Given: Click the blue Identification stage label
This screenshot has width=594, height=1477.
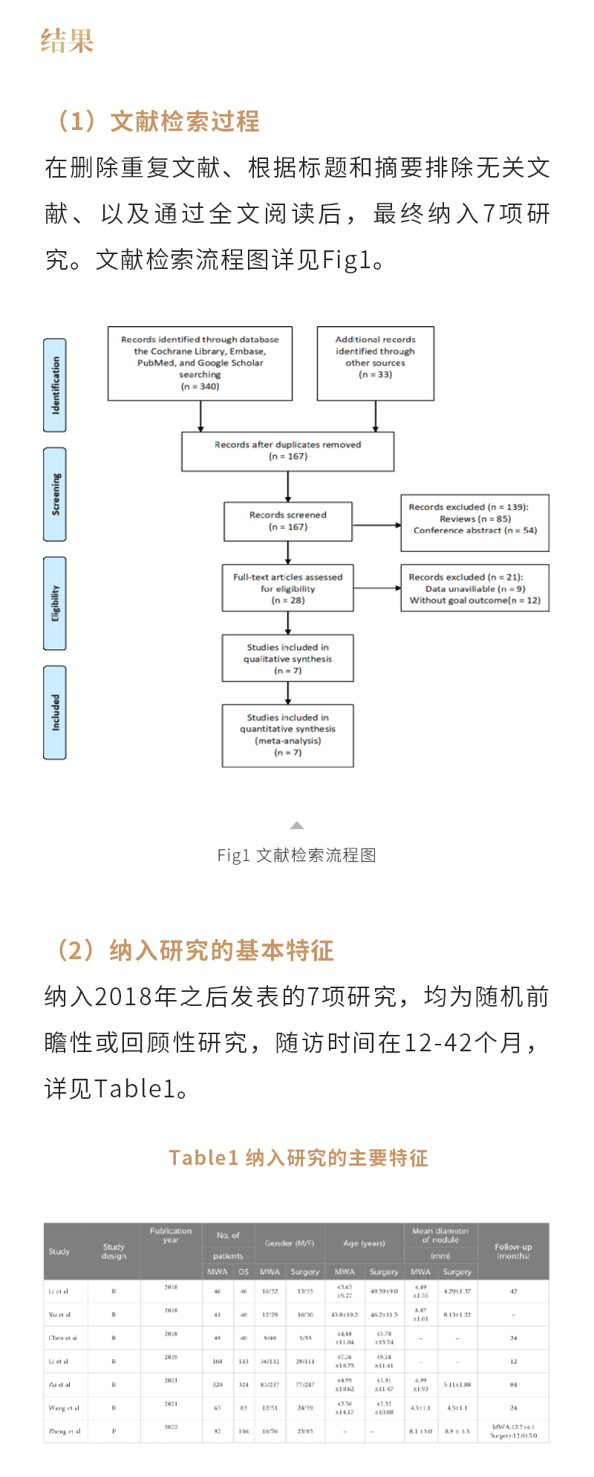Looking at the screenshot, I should [x=55, y=385].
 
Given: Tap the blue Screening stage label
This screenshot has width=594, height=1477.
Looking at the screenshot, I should [x=55, y=494].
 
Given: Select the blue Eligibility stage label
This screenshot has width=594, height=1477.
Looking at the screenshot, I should [x=55, y=603].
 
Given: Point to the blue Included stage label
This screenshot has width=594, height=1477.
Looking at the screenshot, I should [x=55, y=712].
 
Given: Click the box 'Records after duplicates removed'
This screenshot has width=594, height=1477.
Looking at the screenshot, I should [x=287, y=451].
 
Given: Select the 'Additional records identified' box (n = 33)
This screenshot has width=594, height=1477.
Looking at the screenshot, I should [x=375, y=363].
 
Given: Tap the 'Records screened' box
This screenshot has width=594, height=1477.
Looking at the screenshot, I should [x=288, y=521].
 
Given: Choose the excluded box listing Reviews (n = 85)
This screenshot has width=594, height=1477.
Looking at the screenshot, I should [x=474, y=523].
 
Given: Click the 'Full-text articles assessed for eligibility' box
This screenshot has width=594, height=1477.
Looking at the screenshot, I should [x=288, y=588].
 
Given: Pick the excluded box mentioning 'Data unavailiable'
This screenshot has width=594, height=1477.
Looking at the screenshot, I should [x=474, y=588].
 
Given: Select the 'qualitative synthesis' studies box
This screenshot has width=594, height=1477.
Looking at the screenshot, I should [x=288, y=658].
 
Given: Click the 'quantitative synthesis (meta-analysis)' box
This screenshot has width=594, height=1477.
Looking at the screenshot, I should [x=288, y=736].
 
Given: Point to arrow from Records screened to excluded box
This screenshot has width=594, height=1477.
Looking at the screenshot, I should [x=376, y=525].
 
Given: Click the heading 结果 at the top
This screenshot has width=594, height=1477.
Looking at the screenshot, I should [x=68, y=41].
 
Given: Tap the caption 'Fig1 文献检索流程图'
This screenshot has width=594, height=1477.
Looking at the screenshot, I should [x=297, y=855].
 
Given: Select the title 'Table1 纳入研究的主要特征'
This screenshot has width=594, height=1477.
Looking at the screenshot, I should [x=298, y=1158].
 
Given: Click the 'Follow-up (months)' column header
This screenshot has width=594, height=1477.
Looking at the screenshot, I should [x=513, y=1251].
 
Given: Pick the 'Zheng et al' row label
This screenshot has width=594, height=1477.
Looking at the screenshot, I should [x=65, y=1431].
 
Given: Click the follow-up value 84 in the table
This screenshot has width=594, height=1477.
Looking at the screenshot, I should [x=513, y=1385].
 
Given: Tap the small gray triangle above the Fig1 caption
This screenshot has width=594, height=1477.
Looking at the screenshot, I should [x=297, y=825].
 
